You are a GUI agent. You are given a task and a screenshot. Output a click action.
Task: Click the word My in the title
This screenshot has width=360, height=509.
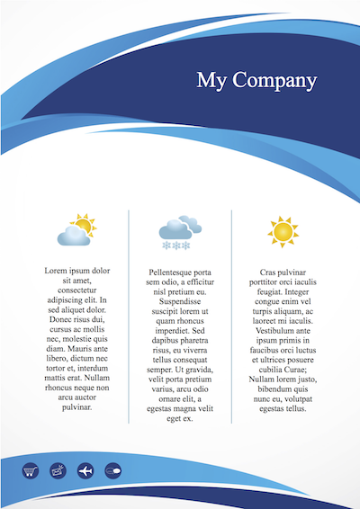click(x=212, y=80)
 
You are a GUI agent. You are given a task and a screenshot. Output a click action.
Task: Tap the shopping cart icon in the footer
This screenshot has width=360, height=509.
click(x=32, y=469)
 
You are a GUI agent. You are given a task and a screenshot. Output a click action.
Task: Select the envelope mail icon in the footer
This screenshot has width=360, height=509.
click(x=58, y=469)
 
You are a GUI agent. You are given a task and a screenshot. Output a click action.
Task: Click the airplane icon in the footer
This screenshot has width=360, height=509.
click(x=85, y=469)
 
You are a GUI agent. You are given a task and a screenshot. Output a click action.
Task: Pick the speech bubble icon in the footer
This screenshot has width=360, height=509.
click(x=112, y=469)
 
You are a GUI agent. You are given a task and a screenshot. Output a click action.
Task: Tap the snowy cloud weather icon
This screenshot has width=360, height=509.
click(x=179, y=228)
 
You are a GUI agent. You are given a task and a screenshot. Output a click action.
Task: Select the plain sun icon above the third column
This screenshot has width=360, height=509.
click(x=283, y=232)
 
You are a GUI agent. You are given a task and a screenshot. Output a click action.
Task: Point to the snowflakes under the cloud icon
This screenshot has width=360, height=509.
click(x=175, y=245)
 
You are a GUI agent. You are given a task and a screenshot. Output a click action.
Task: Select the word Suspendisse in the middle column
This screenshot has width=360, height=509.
click(x=180, y=302)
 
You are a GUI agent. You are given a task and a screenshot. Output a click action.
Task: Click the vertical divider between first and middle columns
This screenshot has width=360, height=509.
click(x=129, y=315)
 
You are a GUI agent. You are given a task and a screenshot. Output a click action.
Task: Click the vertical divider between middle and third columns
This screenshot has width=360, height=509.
click(x=231, y=315)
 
